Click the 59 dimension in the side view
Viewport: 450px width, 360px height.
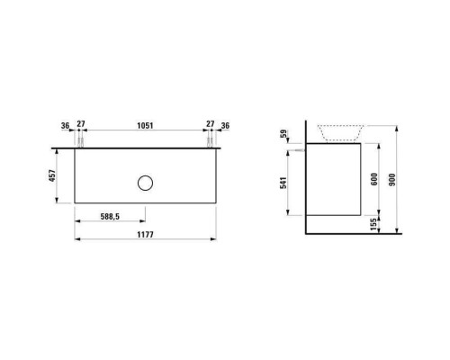pos(286,135)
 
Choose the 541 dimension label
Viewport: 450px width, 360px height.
pos(286,184)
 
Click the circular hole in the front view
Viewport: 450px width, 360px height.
pos(144,184)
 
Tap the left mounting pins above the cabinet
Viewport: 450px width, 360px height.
pos(80,142)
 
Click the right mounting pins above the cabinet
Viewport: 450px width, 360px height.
pos(209,142)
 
